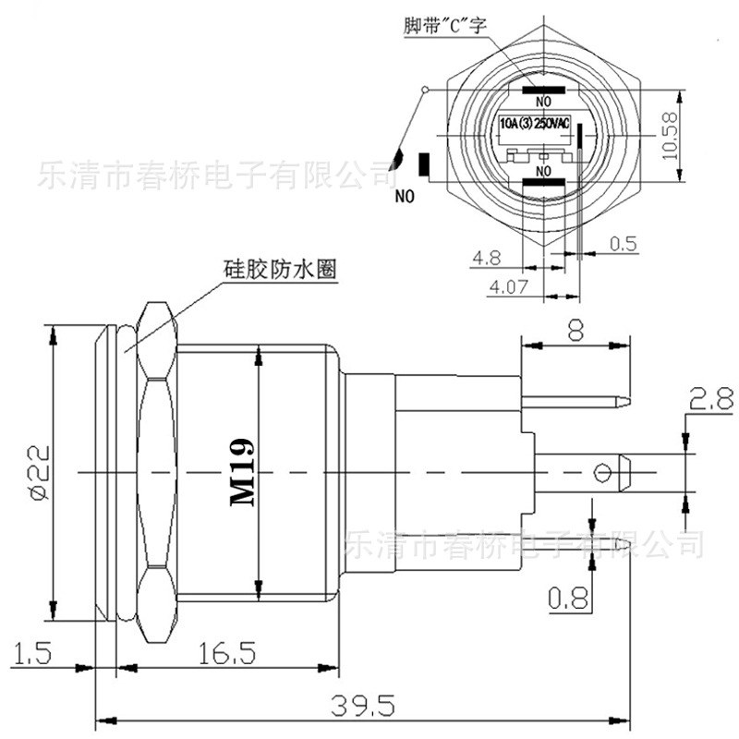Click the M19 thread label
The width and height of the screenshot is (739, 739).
[x=242, y=472]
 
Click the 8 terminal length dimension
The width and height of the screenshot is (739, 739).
[x=575, y=330]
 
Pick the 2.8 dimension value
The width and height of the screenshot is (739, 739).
[x=709, y=399]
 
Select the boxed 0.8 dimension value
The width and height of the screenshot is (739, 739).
[x=568, y=599]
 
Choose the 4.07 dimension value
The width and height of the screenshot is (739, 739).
[x=508, y=286]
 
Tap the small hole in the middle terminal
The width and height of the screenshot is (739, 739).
[x=603, y=473]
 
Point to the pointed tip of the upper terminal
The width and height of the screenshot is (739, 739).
[x=626, y=402]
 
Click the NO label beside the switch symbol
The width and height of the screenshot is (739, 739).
[x=406, y=196]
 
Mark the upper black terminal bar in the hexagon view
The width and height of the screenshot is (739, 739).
[x=542, y=91]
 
